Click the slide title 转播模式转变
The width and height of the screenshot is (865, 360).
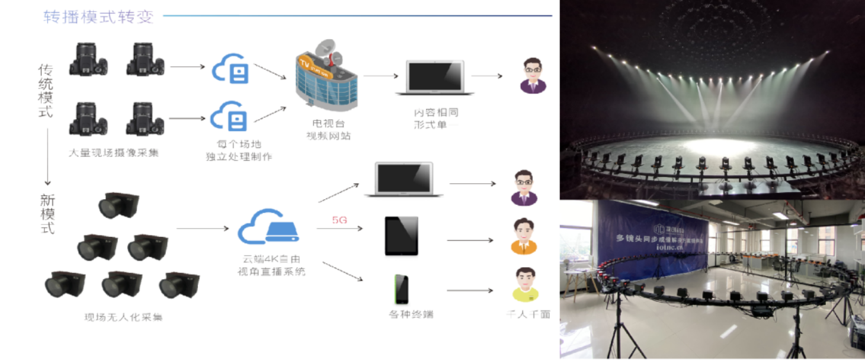click(x=98, y=17)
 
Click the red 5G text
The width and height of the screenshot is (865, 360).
click(x=340, y=220)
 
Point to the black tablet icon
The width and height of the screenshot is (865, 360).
click(x=401, y=236)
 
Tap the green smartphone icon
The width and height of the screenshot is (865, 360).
click(x=401, y=290)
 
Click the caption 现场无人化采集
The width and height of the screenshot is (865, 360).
click(x=124, y=316)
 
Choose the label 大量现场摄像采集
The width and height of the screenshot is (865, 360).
click(x=114, y=153)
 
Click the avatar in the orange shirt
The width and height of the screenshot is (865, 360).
click(x=523, y=236)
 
